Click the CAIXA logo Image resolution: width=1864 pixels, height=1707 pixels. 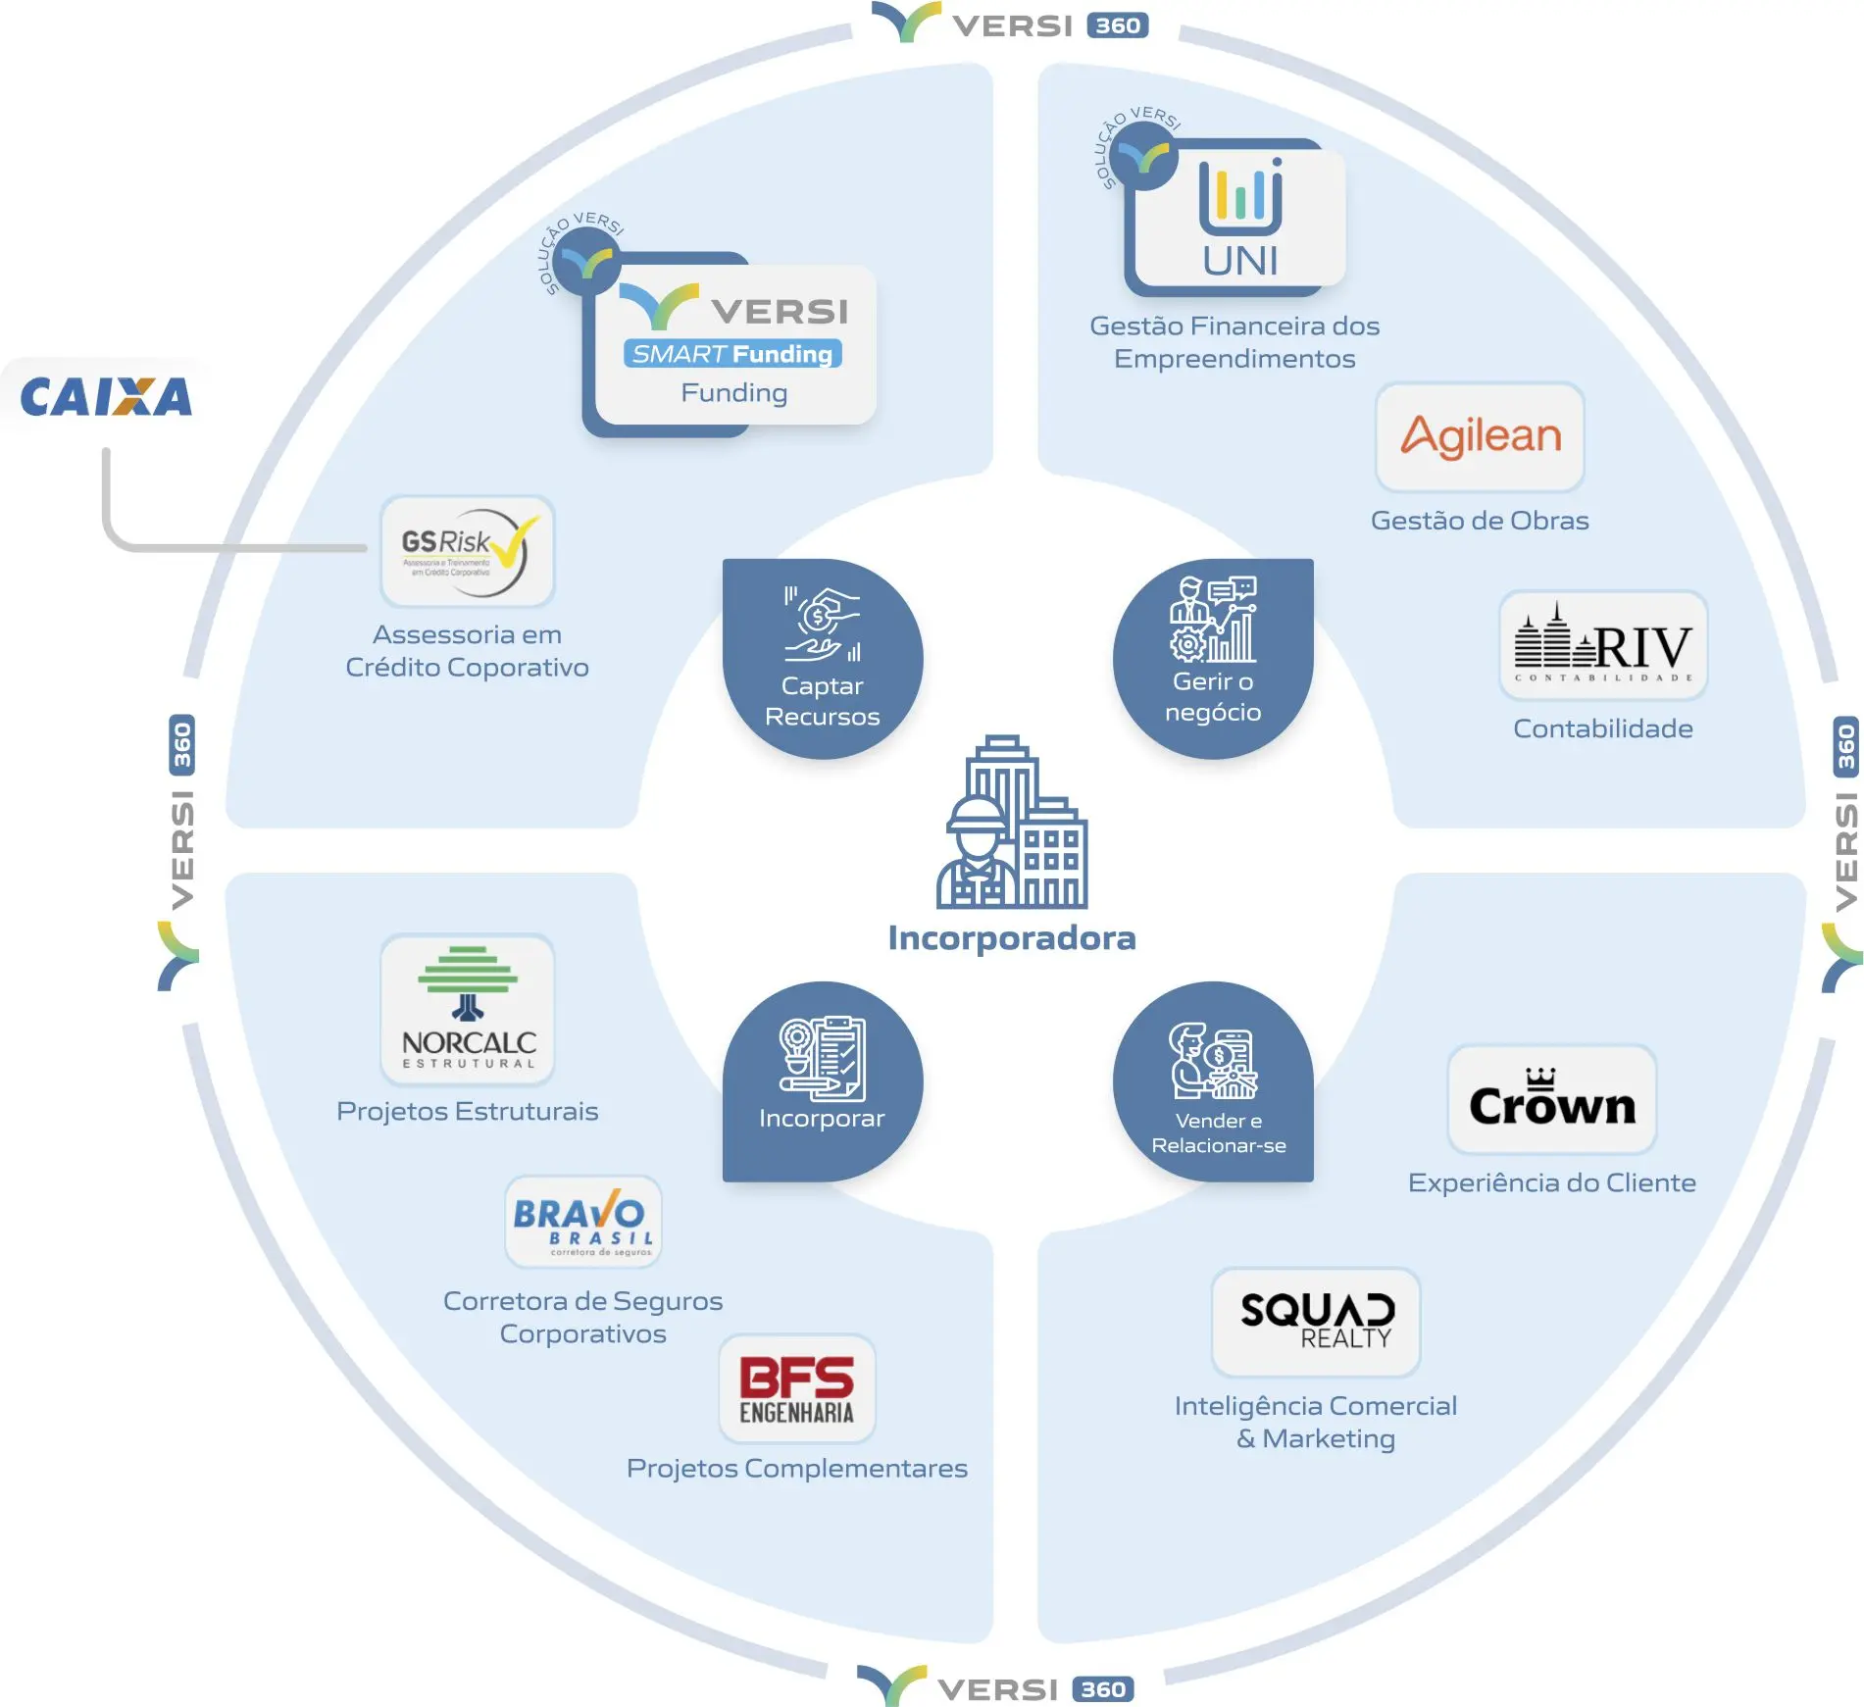(x=106, y=397)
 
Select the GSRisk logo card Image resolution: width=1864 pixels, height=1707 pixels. (x=467, y=551)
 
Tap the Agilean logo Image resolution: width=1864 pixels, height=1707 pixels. (x=1480, y=437)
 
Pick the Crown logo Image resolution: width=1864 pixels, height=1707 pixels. (x=1551, y=1100)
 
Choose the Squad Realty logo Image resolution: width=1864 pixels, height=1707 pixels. (x=1316, y=1322)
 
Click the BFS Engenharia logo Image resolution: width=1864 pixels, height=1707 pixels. (x=796, y=1388)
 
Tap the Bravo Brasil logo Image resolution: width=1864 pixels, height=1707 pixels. (x=582, y=1222)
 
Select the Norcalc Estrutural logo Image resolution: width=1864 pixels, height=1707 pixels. (x=468, y=1009)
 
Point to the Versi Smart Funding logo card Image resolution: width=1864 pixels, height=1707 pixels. (x=733, y=345)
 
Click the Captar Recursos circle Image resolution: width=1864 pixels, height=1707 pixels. (x=822, y=659)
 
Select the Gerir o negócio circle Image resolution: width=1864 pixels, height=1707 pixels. (x=1213, y=659)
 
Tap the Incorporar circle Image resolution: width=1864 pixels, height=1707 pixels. (x=822, y=1081)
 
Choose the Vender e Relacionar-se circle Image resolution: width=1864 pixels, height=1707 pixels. (x=1213, y=1081)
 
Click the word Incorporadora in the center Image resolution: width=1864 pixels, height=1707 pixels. (x=1012, y=938)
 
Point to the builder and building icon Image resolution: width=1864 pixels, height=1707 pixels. (x=1012, y=824)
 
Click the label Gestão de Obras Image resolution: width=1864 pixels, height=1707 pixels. (x=1480, y=521)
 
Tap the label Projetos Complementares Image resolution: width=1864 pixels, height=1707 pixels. (x=796, y=1469)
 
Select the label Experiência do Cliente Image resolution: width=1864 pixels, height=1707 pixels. (x=1551, y=1183)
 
